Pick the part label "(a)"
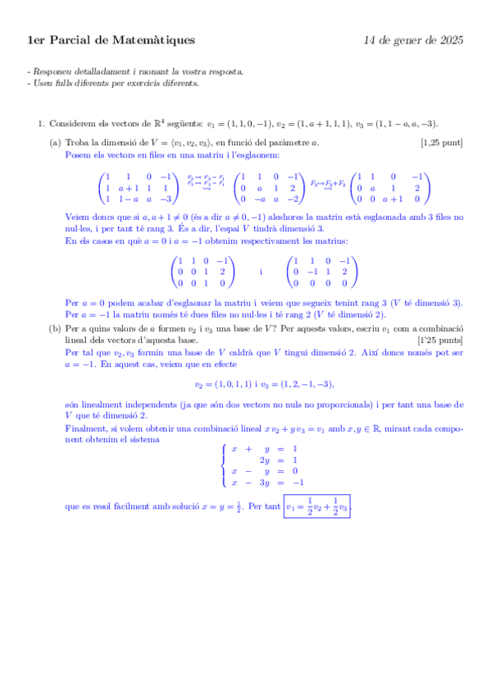[x=55, y=142]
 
